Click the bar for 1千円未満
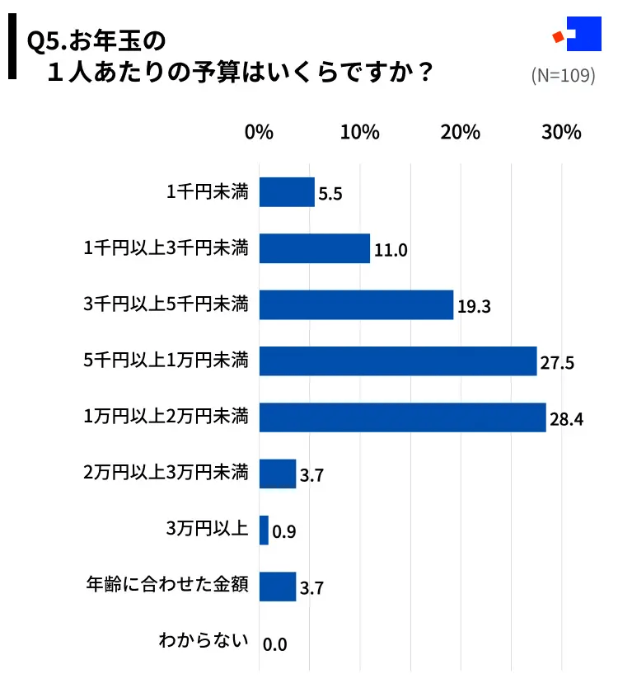pos(287,192)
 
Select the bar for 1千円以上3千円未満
pos(315,248)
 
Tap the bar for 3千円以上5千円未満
pos(356,304)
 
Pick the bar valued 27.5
pos(398,361)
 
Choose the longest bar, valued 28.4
pos(403,417)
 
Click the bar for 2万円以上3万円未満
pos(278,474)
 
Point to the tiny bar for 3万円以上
pos(264,530)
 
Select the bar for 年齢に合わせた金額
pos(278,587)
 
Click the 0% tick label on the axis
pos(260,133)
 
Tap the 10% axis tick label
pos(360,133)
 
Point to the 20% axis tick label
pos(461,133)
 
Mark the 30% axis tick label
pos(562,133)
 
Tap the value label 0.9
pos(283,532)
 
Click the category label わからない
pos(204,641)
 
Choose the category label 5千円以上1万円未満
pos(166,360)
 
